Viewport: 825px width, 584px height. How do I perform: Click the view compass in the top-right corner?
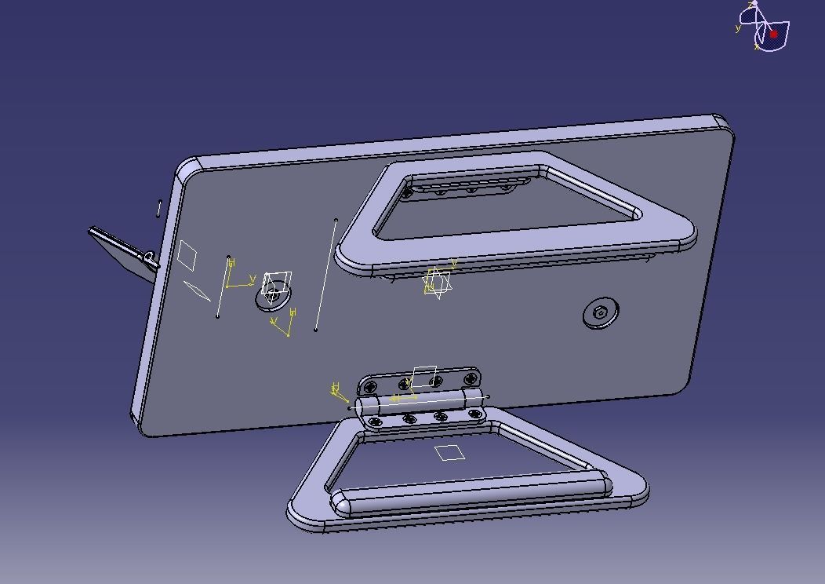[764, 28]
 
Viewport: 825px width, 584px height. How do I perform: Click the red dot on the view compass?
[773, 35]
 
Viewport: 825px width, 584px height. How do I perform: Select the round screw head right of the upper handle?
[601, 313]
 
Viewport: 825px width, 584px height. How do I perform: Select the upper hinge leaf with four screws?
[419, 381]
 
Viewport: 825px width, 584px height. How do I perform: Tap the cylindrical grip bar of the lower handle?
[471, 496]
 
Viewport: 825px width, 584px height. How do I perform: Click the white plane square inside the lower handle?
[449, 452]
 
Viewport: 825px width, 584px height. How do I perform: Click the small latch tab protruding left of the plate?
[122, 249]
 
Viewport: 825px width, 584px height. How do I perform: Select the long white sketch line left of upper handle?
[325, 275]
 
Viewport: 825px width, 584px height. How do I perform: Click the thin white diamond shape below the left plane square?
[197, 290]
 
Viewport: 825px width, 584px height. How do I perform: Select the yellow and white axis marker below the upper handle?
[438, 282]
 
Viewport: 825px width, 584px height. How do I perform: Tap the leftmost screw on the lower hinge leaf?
[375, 422]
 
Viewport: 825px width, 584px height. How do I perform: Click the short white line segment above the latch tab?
[159, 208]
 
